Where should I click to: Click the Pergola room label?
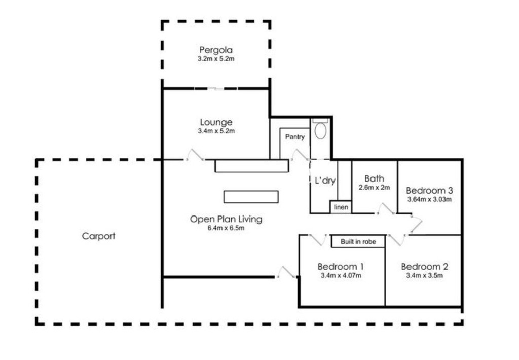215,50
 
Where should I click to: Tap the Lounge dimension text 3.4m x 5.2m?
216,131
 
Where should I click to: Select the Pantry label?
294,137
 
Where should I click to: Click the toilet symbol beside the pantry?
320,130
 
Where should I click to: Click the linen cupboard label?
341,207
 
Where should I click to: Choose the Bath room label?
374,178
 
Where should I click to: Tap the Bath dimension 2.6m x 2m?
374,187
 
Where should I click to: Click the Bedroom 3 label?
429,191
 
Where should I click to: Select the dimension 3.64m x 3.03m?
429,199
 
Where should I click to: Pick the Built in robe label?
358,242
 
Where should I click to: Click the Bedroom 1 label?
341,267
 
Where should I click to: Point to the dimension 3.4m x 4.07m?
341,276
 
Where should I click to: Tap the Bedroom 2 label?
424,267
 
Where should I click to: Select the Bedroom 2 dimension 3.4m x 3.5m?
424,276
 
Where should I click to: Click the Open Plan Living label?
226,219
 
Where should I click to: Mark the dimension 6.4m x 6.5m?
226,228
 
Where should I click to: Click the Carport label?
99,236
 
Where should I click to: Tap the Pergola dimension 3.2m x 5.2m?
215,59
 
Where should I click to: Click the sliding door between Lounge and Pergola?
216,89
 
